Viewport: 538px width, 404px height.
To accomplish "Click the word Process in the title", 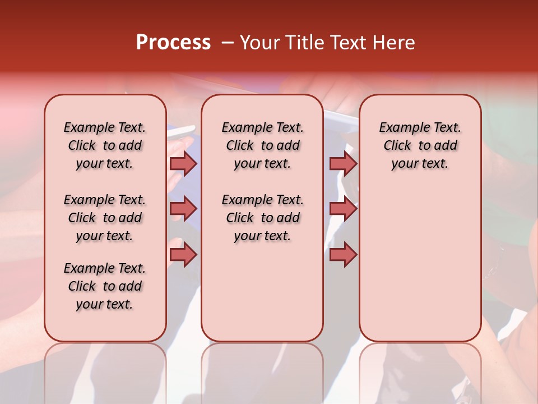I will [173, 43].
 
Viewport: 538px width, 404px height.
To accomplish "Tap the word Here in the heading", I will [395, 43].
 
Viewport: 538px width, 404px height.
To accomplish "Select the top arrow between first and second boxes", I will [183, 163].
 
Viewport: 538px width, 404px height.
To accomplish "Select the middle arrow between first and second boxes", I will [183, 209].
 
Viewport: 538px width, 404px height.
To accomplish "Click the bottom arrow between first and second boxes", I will [183, 255].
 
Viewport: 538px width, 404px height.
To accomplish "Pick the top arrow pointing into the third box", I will [343, 163].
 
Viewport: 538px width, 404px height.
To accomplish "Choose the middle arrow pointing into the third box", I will [343, 209].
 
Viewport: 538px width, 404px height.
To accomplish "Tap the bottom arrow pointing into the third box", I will [343, 255].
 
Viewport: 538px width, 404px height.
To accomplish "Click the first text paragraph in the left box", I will [105, 145].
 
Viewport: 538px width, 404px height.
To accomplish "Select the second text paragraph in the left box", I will [105, 218].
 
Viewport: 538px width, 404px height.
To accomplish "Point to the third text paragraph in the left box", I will [105, 286].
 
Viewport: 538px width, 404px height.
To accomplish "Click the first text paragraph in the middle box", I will [263, 145].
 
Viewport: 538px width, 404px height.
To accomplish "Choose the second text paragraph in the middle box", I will [263, 218].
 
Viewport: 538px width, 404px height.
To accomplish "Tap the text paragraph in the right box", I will [420, 145].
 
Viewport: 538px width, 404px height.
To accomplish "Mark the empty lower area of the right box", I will [420, 264].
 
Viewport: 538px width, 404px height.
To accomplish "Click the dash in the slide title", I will [228, 43].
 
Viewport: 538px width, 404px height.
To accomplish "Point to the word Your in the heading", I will [259, 43].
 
